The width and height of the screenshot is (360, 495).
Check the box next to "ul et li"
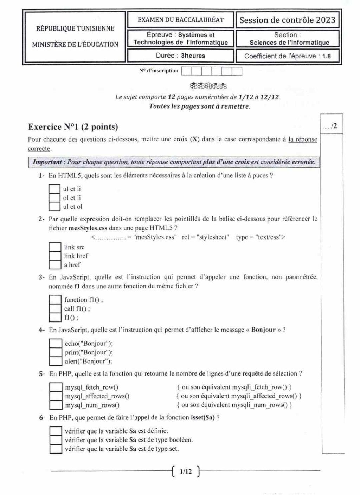[x=54, y=189]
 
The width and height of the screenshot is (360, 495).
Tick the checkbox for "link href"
[x=55, y=256]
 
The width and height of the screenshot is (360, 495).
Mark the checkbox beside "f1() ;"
[x=55, y=318]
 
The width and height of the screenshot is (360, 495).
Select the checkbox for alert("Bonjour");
[x=55, y=361]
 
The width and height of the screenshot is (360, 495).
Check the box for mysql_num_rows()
[x=56, y=405]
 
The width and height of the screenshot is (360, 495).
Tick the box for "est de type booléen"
[x=56, y=440]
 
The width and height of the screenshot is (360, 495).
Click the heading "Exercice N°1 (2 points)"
[x=73, y=127]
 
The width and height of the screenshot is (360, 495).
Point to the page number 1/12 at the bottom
[x=186, y=471]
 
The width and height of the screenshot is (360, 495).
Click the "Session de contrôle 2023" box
[x=287, y=20]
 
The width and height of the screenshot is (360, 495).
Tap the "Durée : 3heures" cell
[x=180, y=56]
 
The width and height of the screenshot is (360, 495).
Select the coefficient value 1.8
[x=327, y=56]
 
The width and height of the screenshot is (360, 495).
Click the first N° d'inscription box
[x=186, y=71]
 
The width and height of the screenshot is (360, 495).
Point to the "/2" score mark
[x=334, y=126]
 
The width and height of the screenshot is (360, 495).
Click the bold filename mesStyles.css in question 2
[x=88, y=228]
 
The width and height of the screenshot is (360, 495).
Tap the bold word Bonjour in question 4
[x=263, y=330]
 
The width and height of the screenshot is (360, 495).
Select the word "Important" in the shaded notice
[x=47, y=162]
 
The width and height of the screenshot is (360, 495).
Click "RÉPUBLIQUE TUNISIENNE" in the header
[x=75, y=28]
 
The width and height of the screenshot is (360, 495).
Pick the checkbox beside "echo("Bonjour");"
[x=55, y=344]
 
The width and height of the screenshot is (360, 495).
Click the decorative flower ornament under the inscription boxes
[x=208, y=86]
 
